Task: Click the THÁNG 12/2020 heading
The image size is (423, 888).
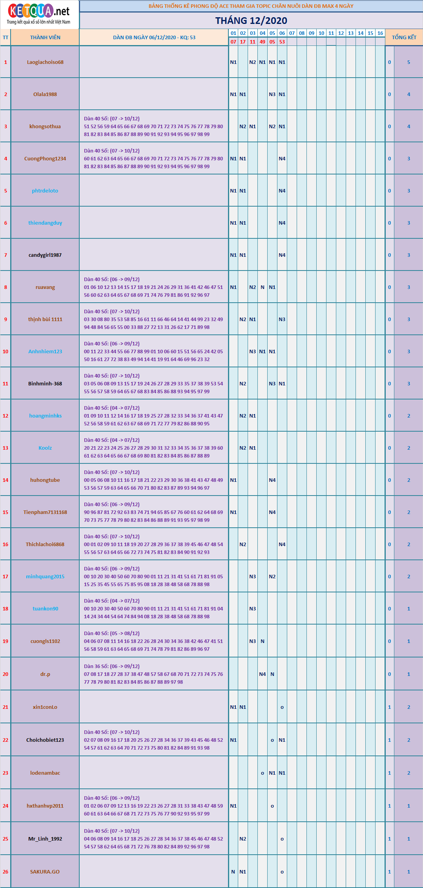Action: point(251,21)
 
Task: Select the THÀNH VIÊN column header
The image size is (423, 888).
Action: point(45,38)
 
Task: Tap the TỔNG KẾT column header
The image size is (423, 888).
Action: point(404,38)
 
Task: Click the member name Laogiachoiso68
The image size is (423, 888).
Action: point(45,62)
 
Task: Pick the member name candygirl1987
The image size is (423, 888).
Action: point(45,255)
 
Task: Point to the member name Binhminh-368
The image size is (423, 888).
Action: point(45,384)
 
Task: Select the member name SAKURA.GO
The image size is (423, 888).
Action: point(45,872)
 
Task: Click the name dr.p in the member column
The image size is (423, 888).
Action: point(45,674)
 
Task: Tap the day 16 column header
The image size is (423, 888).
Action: point(380,33)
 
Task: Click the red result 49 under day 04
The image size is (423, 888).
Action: point(263,42)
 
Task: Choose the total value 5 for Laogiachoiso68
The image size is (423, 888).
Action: point(408,62)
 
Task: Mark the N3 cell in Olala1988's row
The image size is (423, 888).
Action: point(272,94)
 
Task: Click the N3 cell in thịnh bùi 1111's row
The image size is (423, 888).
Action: point(282,320)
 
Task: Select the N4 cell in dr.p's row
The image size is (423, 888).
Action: point(263,674)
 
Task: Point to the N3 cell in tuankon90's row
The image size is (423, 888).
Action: point(253,609)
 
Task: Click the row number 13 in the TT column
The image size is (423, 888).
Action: point(5,448)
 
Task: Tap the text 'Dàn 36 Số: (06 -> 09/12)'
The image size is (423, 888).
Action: point(112,666)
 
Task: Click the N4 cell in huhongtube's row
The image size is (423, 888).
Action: point(272,480)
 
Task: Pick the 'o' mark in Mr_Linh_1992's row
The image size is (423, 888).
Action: point(282,839)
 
